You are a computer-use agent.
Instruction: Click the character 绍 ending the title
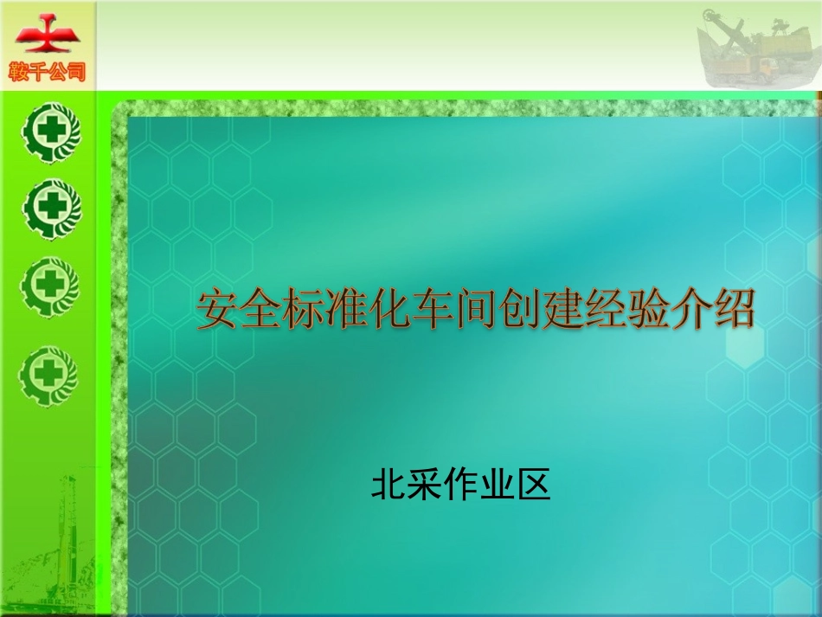point(733,311)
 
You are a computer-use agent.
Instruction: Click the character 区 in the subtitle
point(534,485)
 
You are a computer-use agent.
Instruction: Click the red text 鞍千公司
point(48,72)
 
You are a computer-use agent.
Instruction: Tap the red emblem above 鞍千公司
point(48,35)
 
